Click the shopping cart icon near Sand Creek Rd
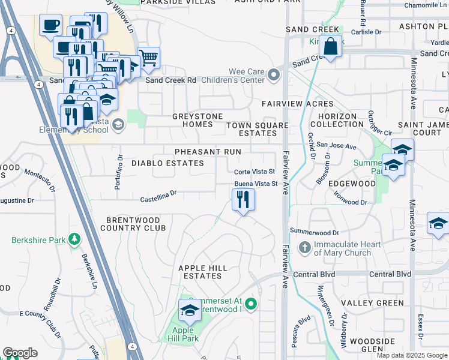pos(148,58)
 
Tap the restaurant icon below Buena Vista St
pos(243,199)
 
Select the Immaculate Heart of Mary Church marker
pos(305,247)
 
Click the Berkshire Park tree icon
pos(74,240)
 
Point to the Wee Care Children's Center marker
pos(274,75)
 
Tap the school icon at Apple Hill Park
pos(190,310)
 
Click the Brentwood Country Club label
pos(133,224)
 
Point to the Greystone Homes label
pos(197,120)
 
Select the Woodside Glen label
pos(372,345)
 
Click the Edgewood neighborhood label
pos(353,184)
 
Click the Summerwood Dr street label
pos(314,232)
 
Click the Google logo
pos(20,353)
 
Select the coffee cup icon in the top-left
pos(51,25)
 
